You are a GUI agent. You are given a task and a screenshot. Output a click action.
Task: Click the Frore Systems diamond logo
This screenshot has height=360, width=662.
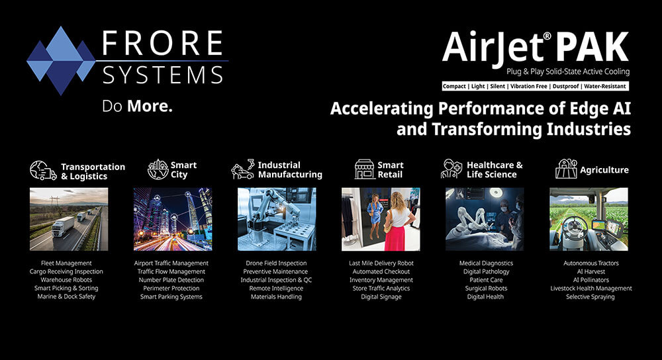61,60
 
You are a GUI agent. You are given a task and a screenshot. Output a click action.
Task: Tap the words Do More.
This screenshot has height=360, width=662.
137,107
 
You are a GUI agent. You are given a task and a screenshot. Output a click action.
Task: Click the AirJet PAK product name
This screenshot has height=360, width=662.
536,48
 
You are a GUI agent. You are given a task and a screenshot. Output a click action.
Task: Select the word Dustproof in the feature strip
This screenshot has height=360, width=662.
566,86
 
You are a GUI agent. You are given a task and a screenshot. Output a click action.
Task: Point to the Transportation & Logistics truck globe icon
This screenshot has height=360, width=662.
43,171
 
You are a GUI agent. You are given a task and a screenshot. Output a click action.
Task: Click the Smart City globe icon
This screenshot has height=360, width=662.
158,169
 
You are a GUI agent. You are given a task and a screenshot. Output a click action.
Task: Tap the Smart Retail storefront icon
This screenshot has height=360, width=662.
364,169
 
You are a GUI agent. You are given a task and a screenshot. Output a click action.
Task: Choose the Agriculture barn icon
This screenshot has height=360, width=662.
566,169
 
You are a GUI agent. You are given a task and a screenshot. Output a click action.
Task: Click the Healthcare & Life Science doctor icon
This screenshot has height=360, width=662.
451,169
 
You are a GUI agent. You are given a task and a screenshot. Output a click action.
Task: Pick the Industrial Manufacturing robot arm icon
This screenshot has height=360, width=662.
243,169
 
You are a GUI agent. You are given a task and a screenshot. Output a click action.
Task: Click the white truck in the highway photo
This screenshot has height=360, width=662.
63,226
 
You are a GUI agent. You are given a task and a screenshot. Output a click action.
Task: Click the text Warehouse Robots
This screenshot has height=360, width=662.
66,280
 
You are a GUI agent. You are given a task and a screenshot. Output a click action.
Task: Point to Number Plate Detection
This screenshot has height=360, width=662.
171,280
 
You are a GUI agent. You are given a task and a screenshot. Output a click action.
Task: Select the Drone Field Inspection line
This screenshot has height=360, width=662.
276,263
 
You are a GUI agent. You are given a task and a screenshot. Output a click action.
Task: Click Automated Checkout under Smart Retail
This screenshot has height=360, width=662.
381,271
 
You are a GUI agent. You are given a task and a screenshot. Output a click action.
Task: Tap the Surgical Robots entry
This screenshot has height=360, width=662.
486,289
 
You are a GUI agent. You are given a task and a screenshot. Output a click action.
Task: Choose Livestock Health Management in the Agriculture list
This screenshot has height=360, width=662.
591,289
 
